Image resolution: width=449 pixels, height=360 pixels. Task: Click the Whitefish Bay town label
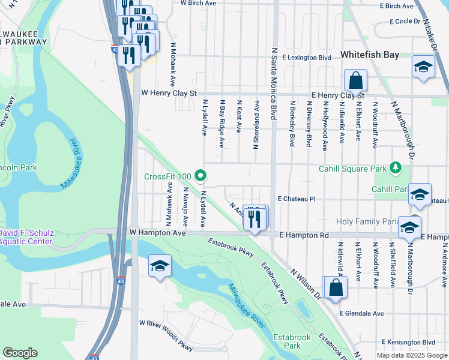point(369,55)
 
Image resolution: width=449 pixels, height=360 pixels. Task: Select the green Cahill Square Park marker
point(395,168)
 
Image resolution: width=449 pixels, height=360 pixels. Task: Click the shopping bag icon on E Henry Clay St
point(355,81)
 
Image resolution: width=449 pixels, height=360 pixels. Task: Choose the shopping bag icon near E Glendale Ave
point(336,287)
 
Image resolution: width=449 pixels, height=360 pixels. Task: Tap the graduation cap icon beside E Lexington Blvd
point(423,67)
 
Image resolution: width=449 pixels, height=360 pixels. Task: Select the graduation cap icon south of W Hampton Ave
point(160,267)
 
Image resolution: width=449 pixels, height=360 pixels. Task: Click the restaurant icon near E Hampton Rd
point(255,219)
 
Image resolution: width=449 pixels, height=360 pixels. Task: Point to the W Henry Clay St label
point(169,94)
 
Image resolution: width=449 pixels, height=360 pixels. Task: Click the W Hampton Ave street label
point(156,232)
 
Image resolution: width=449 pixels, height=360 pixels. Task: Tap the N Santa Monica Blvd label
point(274,84)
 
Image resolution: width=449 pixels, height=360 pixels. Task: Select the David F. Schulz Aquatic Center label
point(26,237)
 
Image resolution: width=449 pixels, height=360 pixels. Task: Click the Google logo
point(20,353)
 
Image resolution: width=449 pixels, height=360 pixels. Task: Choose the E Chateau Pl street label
point(296,199)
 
